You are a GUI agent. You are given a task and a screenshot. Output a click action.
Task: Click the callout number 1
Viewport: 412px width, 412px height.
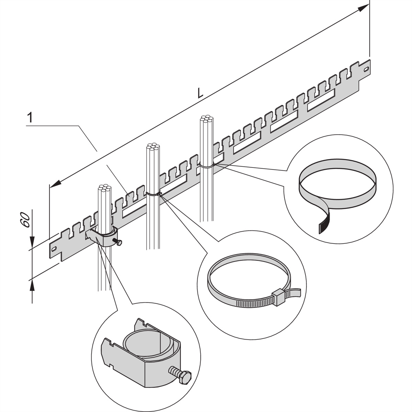click(x=30, y=118)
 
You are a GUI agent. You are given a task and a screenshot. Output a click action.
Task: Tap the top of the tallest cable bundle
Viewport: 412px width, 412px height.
click(x=207, y=120)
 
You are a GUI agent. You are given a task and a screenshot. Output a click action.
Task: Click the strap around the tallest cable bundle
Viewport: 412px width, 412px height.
click(x=207, y=166)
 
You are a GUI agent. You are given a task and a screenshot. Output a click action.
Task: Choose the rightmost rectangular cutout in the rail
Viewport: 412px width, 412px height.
click(x=321, y=100)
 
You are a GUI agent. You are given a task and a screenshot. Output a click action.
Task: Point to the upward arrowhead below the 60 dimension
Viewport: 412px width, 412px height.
click(x=32, y=284)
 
